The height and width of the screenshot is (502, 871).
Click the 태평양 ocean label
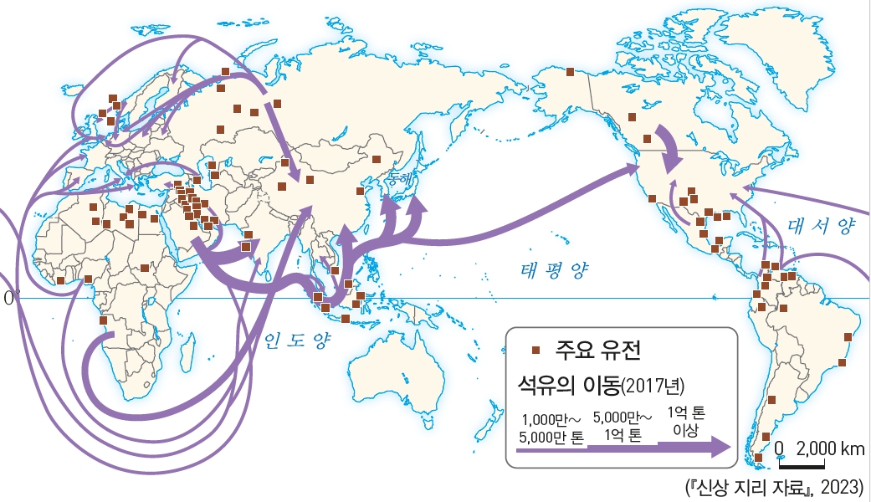555,269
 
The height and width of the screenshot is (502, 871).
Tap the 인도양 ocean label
298,341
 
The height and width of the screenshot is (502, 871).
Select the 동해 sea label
389,178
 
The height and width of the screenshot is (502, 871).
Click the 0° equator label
10,298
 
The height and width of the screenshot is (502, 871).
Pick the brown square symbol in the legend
537,351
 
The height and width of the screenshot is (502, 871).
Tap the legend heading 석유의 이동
568,386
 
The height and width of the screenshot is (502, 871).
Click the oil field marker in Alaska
571,73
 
